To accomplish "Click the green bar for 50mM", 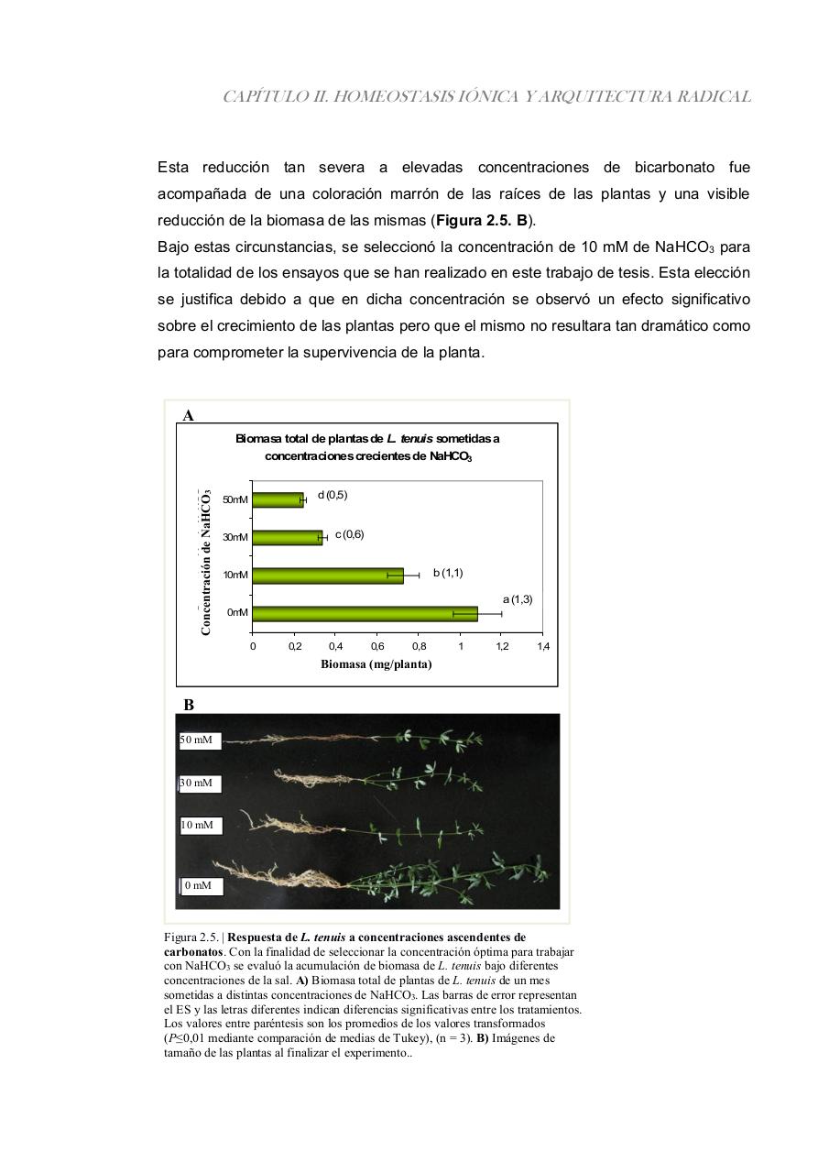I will coord(278,499).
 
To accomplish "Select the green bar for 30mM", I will coord(288,537).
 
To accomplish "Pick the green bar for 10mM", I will coord(328,576).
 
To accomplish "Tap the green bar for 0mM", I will coord(365,613).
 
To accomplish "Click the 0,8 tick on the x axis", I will coord(419,647).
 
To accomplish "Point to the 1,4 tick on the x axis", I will coord(542,647).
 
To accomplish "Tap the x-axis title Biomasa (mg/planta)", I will coord(376,664).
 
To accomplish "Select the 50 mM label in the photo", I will coord(200,740).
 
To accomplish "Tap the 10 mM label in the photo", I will coord(200,826).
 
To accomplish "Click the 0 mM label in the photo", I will coord(200,886).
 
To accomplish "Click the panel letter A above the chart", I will coord(188,415).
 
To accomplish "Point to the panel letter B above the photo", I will coord(189,705).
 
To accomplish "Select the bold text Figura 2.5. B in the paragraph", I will coord(482,221).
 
